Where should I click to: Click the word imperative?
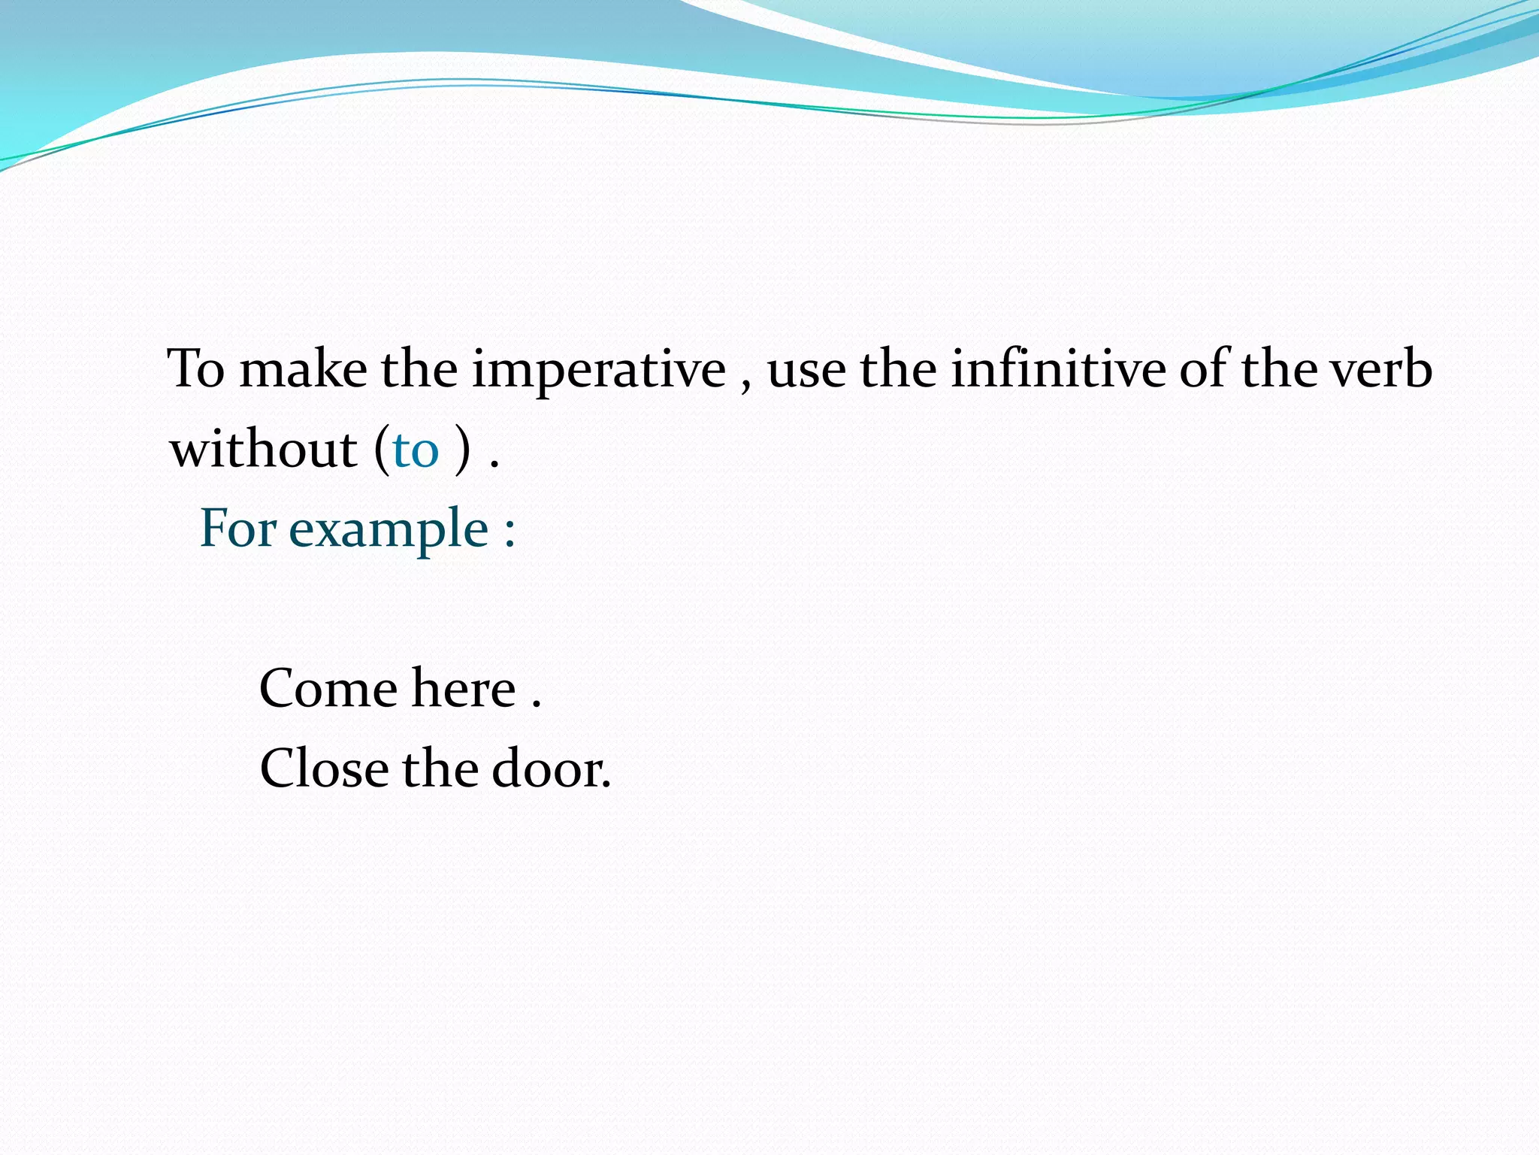click(598, 370)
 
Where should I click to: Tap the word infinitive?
click(1058, 370)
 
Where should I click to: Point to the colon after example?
click(509, 532)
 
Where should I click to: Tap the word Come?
click(328, 689)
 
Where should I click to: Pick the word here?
click(464, 689)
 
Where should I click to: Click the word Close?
click(324, 769)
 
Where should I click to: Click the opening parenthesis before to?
click(382, 450)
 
